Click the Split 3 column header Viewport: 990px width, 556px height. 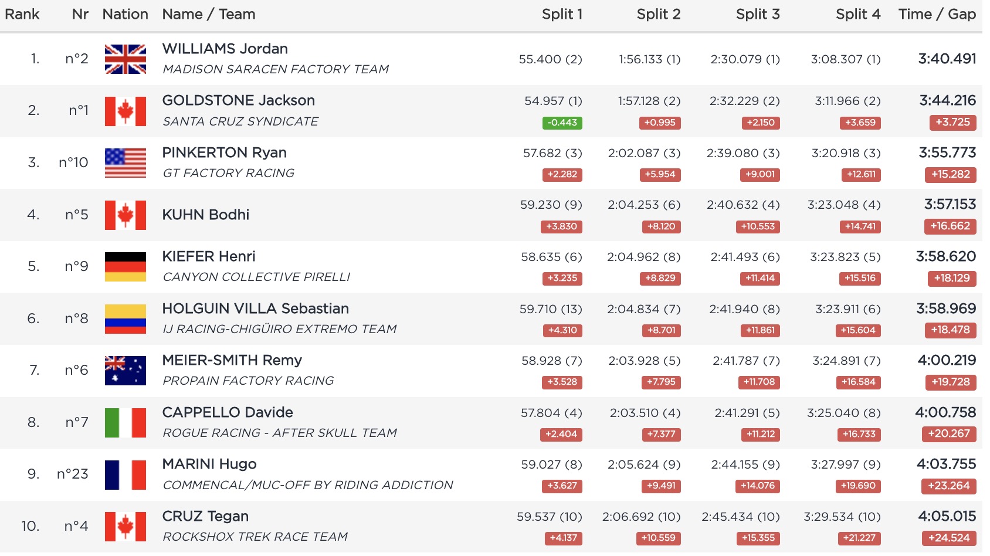pyautogui.click(x=757, y=14)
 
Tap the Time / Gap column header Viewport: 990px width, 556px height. pyautogui.click(x=937, y=14)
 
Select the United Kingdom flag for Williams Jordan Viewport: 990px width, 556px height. pyautogui.click(x=126, y=59)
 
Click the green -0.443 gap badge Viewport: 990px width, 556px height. pyautogui.click(x=562, y=123)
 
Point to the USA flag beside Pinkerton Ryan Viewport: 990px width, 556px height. pyautogui.click(x=126, y=162)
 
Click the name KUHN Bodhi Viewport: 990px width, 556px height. pyautogui.click(x=205, y=215)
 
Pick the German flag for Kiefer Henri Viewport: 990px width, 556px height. pyautogui.click(x=126, y=266)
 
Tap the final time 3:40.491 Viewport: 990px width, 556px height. pyautogui.click(x=947, y=59)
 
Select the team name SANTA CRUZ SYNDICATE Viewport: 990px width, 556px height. pyautogui.click(x=240, y=121)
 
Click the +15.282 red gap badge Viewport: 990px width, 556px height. pyautogui.click(x=950, y=174)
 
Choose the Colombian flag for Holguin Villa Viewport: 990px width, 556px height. pyautogui.click(x=126, y=318)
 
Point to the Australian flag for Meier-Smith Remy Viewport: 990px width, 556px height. pyautogui.click(x=126, y=370)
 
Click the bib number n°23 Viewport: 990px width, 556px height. pyautogui.click(x=73, y=474)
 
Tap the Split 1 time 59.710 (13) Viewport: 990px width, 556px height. pyautogui.click(x=550, y=309)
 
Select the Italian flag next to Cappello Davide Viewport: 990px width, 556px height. pyautogui.click(x=126, y=422)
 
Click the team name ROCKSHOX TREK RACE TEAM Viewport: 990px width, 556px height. pyautogui.click(x=255, y=537)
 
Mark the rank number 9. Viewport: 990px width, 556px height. pyautogui.click(x=33, y=474)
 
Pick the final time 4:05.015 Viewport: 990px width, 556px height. pyautogui.click(x=947, y=516)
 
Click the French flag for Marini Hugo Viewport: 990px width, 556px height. pyautogui.click(x=126, y=474)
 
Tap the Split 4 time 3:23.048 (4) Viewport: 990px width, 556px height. pyautogui.click(x=843, y=205)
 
